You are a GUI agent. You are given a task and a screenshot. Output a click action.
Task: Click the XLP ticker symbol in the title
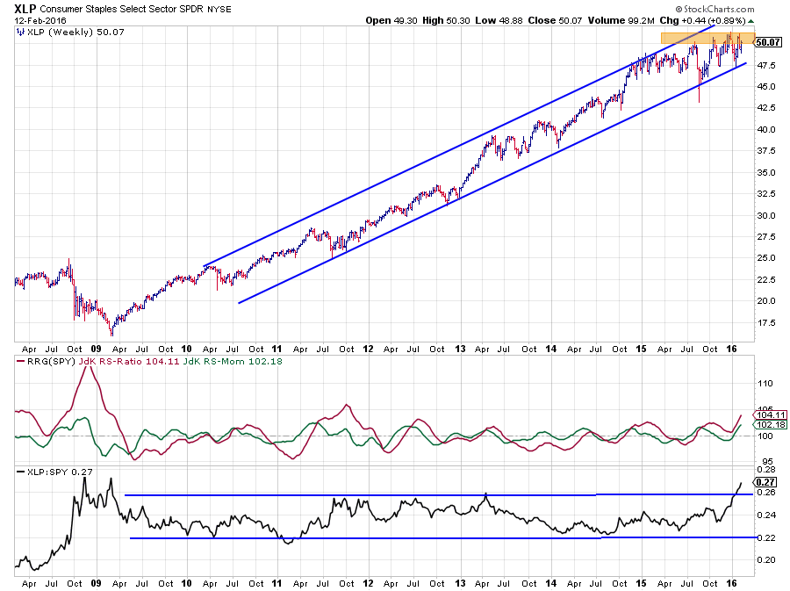click(x=25, y=10)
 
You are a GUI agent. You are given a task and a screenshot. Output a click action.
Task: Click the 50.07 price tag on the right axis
click(x=768, y=41)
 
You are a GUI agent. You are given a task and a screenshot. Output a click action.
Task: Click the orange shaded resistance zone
click(x=702, y=39)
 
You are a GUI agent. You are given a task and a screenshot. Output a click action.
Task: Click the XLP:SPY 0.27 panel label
click(x=54, y=472)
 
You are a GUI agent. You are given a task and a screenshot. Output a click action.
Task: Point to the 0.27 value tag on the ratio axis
click(x=765, y=481)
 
